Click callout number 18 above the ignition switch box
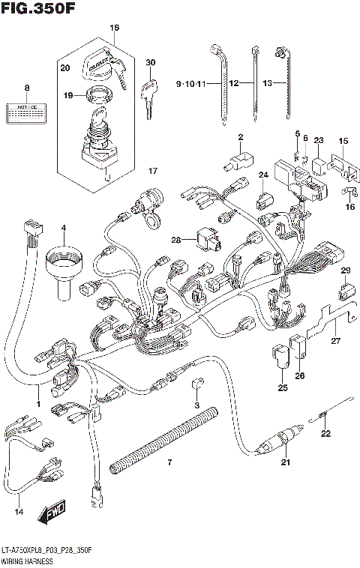click(x=115, y=28)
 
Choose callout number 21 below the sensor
click(x=285, y=462)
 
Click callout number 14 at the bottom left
click(x=19, y=513)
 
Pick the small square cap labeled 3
click(x=196, y=384)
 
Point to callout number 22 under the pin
click(x=325, y=433)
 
